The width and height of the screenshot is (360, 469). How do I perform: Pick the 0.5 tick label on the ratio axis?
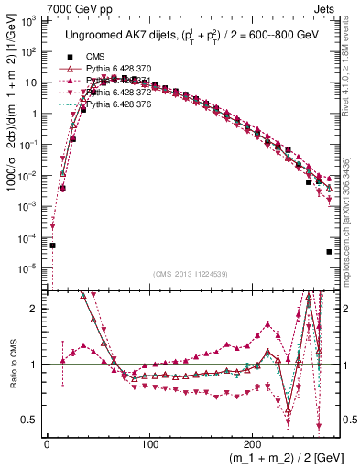click(x=31, y=420)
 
